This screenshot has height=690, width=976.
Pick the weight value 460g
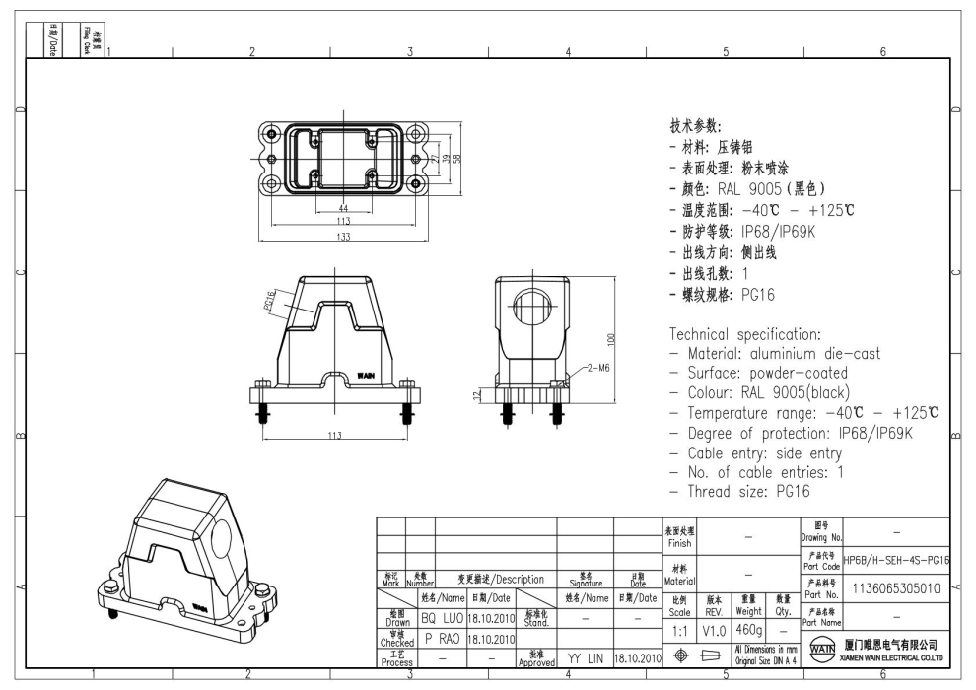click(x=748, y=628)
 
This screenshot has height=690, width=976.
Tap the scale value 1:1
click(x=679, y=628)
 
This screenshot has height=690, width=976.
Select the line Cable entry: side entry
click(x=756, y=452)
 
